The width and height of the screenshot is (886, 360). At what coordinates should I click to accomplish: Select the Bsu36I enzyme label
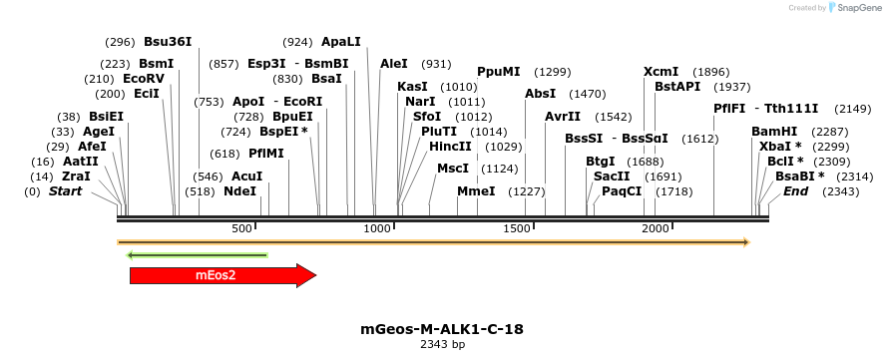168,42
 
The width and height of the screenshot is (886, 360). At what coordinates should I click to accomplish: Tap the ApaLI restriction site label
341,42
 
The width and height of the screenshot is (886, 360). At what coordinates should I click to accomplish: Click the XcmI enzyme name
661,72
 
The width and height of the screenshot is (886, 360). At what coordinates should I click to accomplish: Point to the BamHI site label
774,132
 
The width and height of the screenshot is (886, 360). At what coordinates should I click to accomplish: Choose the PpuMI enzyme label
498,72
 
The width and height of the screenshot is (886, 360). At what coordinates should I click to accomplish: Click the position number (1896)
711,72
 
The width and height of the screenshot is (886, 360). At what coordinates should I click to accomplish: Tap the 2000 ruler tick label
655,229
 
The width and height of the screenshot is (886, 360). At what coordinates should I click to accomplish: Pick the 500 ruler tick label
241,229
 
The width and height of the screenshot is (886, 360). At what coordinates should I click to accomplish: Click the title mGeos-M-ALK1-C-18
442,328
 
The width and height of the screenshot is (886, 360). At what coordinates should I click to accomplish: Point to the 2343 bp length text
442,345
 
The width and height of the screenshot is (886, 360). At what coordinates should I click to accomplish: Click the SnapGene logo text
858,8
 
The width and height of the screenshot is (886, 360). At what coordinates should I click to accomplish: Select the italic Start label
66,191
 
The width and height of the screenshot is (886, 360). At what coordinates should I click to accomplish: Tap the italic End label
795,191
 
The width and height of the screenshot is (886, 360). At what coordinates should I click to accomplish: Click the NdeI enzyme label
239,191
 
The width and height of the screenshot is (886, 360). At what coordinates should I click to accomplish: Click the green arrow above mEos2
198,255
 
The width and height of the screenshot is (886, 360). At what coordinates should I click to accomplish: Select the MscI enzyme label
453,169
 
